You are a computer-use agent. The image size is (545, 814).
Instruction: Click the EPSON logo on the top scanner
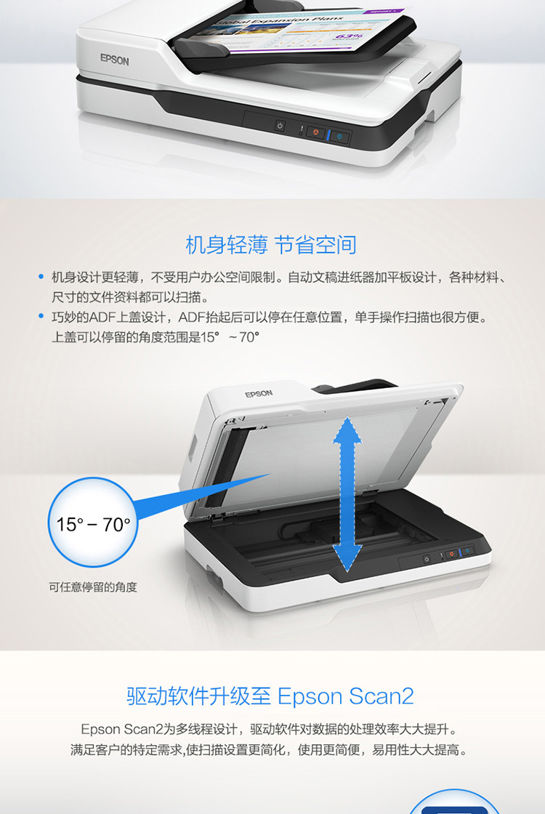pyautogui.click(x=114, y=60)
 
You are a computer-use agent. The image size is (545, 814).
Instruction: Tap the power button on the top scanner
pyautogui.click(x=280, y=126)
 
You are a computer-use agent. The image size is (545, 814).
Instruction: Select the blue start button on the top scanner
pyautogui.click(x=340, y=137)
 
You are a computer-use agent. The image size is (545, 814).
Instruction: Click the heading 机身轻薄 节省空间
pyautogui.click(x=271, y=245)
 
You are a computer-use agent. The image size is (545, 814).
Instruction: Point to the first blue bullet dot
pyautogui.click(x=41, y=277)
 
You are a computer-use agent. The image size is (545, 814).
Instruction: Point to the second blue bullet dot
pyautogui.click(x=41, y=316)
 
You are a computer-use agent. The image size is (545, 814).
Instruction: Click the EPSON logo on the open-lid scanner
pyautogui.click(x=259, y=393)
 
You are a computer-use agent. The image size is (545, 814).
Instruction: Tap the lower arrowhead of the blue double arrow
pyautogui.click(x=347, y=559)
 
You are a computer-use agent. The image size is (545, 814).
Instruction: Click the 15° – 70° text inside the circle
pyautogui.click(x=94, y=525)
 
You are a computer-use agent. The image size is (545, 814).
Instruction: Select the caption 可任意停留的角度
pyautogui.click(x=93, y=587)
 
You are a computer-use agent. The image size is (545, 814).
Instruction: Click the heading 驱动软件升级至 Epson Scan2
pyautogui.click(x=270, y=696)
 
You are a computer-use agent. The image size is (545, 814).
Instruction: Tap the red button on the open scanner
pyautogui.click(x=451, y=554)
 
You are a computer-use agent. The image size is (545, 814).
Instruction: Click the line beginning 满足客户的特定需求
pyautogui.click(x=270, y=749)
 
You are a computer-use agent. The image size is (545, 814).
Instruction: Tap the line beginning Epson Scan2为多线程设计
pyautogui.click(x=270, y=729)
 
